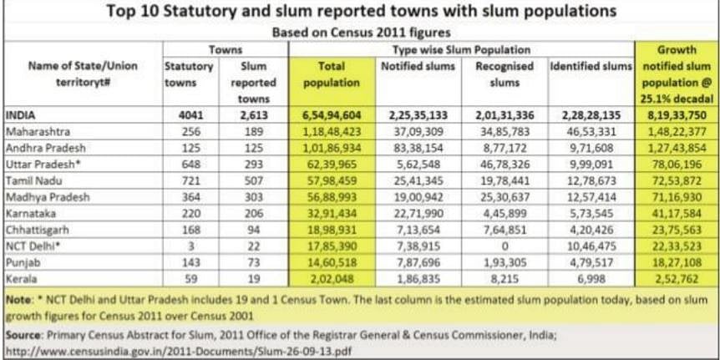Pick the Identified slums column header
tap(591, 65)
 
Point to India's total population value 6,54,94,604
tap(332, 116)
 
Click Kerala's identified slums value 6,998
tap(594, 276)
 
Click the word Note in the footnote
tap(18, 297)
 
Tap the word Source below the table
tap(23, 333)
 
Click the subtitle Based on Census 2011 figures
tap(360, 32)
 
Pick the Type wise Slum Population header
tap(460, 50)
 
